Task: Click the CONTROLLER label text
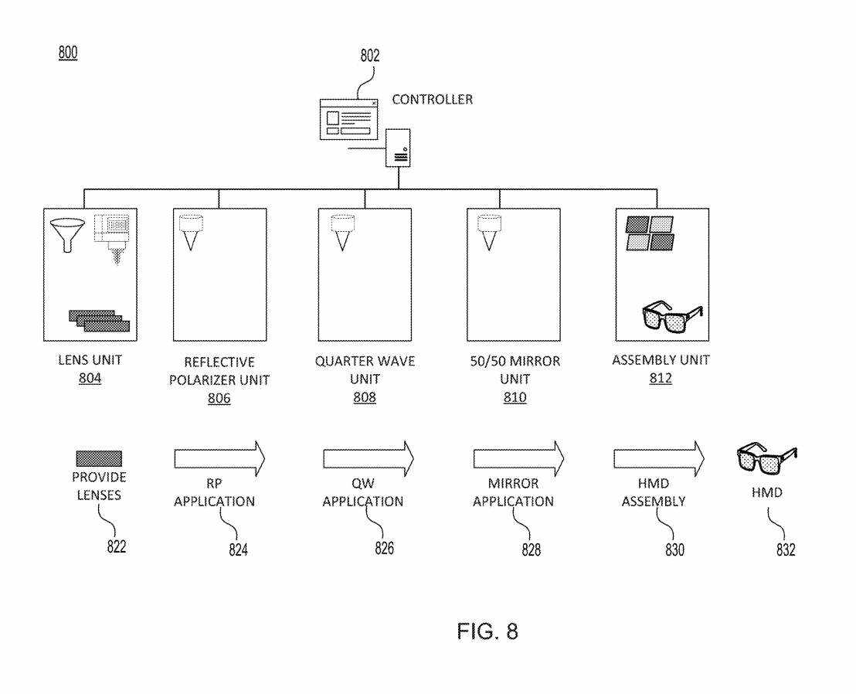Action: (x=432, y=100)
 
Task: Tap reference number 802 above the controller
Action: (x=370, y=56)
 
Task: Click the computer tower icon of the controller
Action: (x=399, y=147)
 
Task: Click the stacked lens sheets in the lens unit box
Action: (x=98, y=319)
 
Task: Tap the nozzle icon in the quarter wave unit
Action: (x=341, y=232)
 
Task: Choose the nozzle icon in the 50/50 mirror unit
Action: (x=487, y=232)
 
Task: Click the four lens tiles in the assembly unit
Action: (x=649, y=233)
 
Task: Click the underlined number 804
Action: (x=90, y=378)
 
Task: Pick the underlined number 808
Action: (x=364, y=398)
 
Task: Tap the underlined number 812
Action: (x=661, y=378)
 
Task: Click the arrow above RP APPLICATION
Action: (x=219, y=459)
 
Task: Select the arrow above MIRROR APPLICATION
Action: (x=518, y=459)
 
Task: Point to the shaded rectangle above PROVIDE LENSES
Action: (x=99, y=459)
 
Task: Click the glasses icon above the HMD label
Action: (x=766, y=461)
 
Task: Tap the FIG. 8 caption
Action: (x=487, y=631)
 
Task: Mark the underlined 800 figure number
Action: (x=68, y=53)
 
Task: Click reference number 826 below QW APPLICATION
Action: (x=384, y=548)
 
